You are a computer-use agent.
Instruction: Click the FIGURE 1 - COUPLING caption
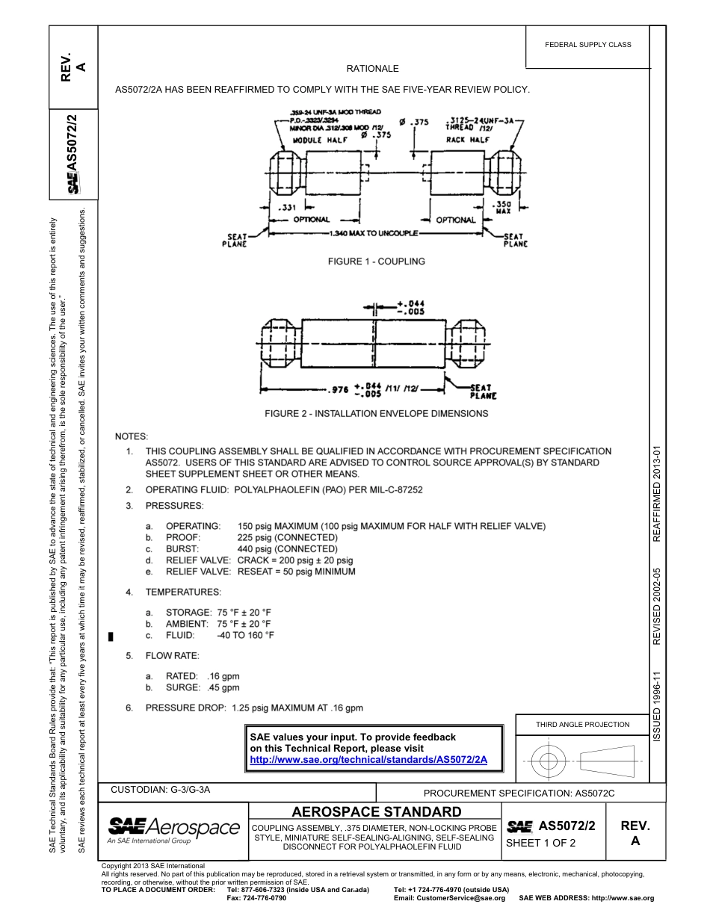[377, 262]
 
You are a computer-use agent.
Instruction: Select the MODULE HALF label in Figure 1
[316, 140]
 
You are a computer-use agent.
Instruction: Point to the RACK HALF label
[467, 140]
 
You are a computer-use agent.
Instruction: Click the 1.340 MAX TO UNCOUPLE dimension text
[371, 234]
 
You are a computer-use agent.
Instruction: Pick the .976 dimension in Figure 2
[340, 389]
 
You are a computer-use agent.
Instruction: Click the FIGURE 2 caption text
[377, 413]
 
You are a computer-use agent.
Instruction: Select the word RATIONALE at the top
[373, 69]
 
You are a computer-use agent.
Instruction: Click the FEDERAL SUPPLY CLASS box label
[588, 45]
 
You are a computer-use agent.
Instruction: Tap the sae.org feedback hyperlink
[368, 759]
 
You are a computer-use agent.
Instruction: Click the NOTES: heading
[132, 436]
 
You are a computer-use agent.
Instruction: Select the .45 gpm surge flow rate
[223, 687]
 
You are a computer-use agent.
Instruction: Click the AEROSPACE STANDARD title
[376, 811]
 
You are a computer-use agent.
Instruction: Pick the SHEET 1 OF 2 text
[541, 844]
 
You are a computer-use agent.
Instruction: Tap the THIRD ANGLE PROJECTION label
[583, 724]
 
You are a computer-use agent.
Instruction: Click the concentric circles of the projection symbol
[549, 761]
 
